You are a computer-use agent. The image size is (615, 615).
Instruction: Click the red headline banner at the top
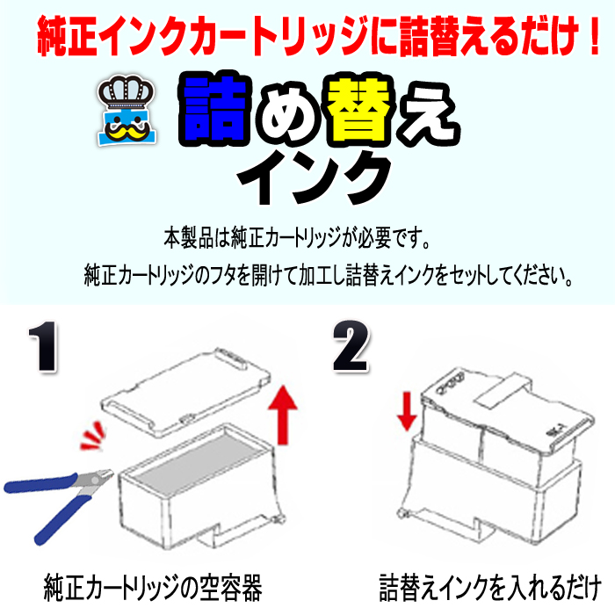coord(307,36)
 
